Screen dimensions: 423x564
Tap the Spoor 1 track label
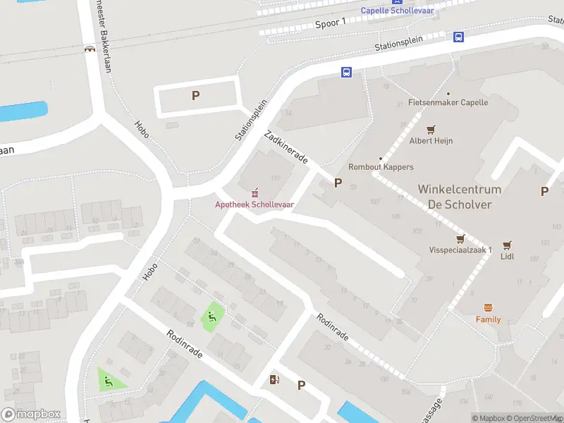[330, 23]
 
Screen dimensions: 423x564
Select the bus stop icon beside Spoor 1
[458, 37]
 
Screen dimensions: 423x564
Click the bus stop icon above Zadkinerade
[346, 72]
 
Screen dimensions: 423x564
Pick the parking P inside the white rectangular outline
[196, 96]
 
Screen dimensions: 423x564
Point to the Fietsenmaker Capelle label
[448, 102]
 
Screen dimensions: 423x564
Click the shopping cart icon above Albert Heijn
[431, 129]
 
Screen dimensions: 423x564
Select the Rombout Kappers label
[381, 167]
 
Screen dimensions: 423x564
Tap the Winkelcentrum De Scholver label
[459, 197]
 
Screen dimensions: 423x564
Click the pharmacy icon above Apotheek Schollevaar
[255, 192]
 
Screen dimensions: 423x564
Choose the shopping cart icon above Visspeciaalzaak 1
[461, 238]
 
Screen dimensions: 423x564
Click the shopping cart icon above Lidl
[507, 245]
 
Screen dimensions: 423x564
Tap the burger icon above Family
[488, 308]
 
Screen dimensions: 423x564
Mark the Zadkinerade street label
[286, 147]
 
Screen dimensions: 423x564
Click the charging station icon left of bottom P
[274, 380]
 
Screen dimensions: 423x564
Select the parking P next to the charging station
[301, 385]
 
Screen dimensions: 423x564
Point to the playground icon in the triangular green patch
[109, 381]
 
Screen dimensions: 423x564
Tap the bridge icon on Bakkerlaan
[90, 50]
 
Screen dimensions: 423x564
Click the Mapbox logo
[31, 415]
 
